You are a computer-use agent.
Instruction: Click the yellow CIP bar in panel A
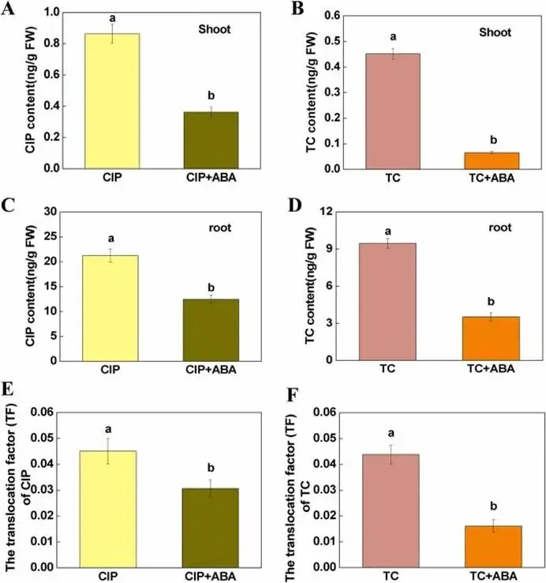pos(111,101)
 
